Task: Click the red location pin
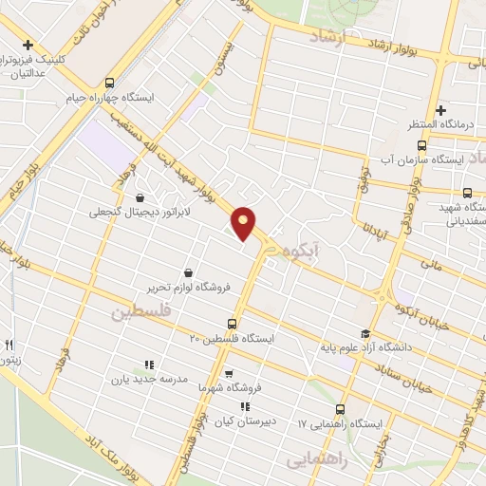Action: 244,222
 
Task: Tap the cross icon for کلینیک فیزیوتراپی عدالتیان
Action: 28,45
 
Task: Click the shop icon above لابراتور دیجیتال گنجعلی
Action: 140,198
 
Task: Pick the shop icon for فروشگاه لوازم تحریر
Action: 187,273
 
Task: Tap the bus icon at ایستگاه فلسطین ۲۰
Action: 219,324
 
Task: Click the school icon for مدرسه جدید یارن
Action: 148,364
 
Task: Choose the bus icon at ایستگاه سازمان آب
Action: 421,145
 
